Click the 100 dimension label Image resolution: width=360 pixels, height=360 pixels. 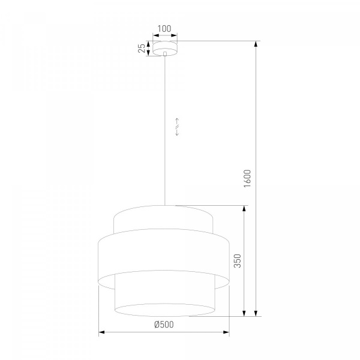click(164, 29)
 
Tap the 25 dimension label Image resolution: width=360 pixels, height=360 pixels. click(142, 48)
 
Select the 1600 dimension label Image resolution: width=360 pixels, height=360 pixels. click(247, 179)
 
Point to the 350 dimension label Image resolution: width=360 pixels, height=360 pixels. click(238, 261)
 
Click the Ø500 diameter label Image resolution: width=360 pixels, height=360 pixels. click(164, 325)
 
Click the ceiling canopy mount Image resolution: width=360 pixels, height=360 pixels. click(165, 48)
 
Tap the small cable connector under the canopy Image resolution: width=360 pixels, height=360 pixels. click(165, 54)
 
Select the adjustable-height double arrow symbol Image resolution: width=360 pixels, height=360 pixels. click(177, 127)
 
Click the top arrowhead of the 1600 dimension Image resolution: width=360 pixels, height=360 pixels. click(256, 44)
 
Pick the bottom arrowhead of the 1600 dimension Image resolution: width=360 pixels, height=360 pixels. click(256, 313)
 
